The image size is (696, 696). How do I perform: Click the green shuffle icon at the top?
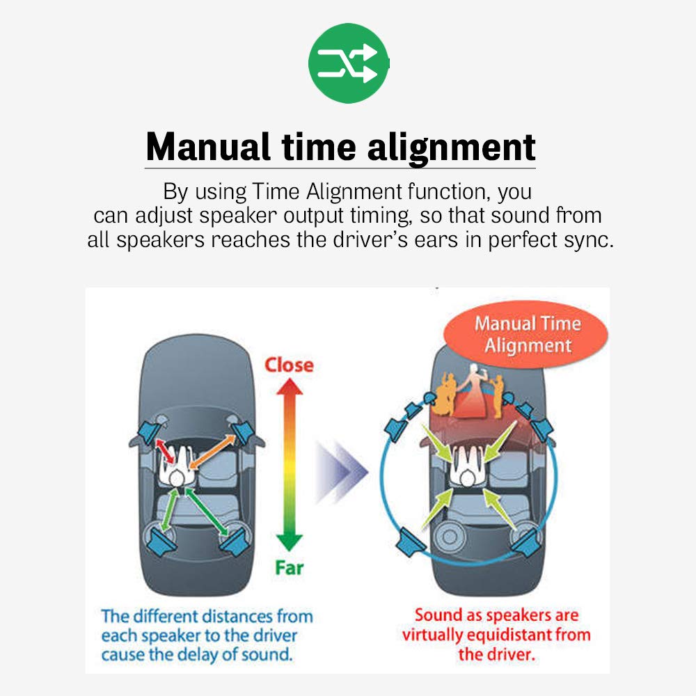click(x=348, y=63)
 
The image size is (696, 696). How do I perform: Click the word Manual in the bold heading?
click(x=207, y=147)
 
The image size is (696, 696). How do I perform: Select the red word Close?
click(x=289, y=365)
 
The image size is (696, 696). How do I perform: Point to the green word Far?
click(x=290, y=567)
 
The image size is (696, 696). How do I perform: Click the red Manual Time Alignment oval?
click(x=526, y=334)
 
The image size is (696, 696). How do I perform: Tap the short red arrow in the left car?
click(x=165, y=452)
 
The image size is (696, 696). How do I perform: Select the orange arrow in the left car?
click(x=212, y=452)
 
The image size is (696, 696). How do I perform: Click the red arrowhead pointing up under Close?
click(x=290, y=386)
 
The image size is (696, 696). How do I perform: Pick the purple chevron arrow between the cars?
click(x=341, y=471)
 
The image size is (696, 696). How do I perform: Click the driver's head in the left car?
click(x=177, y=479)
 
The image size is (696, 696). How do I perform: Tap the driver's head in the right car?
click(x=467, y=479)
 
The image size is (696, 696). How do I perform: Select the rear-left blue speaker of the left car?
click(x=161, y=541)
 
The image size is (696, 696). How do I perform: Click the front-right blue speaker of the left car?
click(x=242, y=432)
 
